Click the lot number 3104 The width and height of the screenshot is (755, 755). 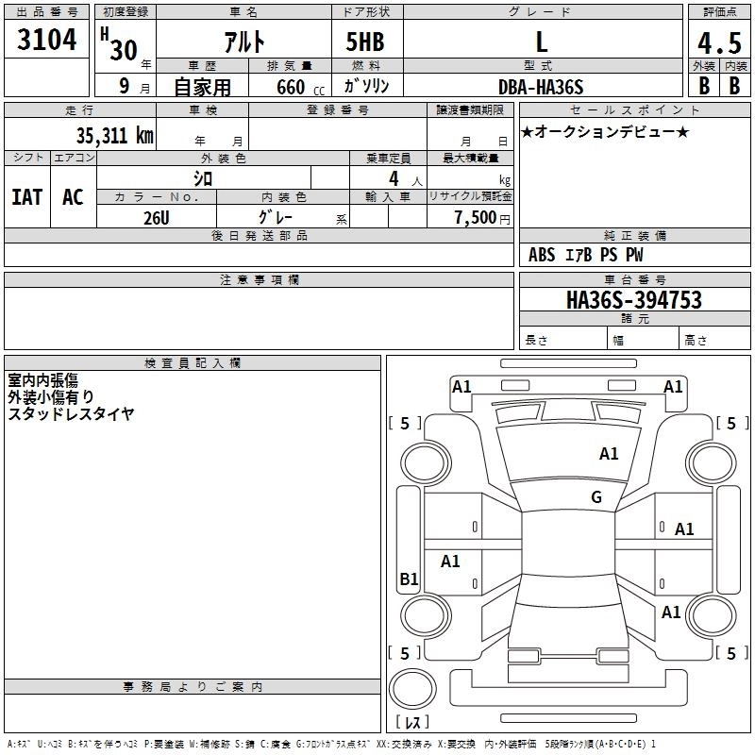pyautogui.click(x=46, y=41)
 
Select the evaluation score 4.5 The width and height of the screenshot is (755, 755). pyautogui.click(x=719, y=42)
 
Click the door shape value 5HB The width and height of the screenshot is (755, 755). pyautogui.click(x=365, y=42)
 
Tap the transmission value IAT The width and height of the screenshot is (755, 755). pyautogui.click(x=26, y=197)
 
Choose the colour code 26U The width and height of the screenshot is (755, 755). pyautogui.click(x=157, y=217)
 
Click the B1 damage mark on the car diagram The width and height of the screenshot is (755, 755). pyautogui.click(x=409, y=579)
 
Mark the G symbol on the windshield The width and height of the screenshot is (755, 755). pyautogui.click(x=596, y=497)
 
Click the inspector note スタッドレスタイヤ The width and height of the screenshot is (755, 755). pyautogui.click(x=71, y=413)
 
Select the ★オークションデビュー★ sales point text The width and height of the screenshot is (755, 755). pyautogui.click(x=605, y=131)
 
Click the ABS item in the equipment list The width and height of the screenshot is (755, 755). pyautogui.click(x=542, y=255)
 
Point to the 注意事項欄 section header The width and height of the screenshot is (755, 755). pyautogui.click(x=260, y=280)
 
